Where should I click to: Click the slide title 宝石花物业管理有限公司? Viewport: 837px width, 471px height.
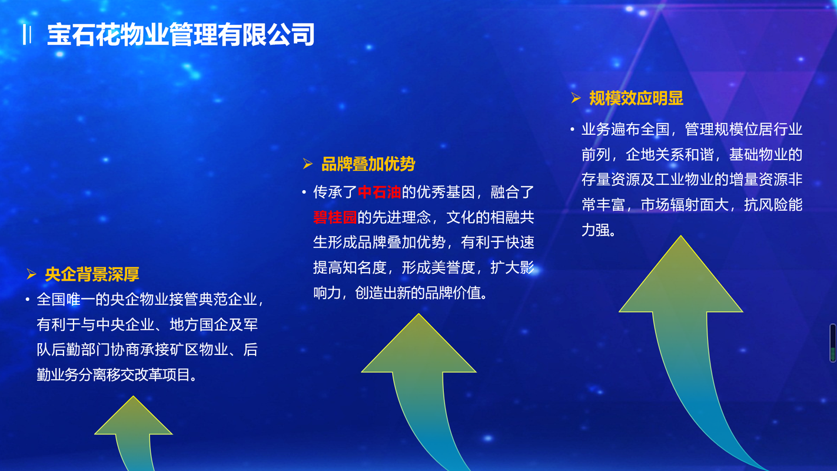coord(181,35)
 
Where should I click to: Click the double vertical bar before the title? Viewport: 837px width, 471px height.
coord(27,35)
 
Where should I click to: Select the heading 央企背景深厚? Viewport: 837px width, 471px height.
coord(92,274)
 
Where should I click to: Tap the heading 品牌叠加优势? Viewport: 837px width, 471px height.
coord(368,164)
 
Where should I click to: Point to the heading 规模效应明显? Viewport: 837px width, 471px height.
coord(636,98)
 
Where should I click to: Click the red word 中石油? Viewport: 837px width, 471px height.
coord(379,192)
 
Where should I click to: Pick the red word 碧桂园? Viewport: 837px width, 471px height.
coord(335,217)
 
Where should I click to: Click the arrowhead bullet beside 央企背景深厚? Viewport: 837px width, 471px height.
coord(31,274)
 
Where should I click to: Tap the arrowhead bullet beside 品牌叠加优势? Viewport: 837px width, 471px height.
coord(307,164)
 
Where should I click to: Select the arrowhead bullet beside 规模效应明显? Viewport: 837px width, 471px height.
coord(576,98)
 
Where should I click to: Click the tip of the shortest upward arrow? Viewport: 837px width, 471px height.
coord(134,396)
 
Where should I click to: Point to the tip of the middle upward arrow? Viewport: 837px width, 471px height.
coord(418,314)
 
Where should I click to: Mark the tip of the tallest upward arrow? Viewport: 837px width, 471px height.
coord(681,236)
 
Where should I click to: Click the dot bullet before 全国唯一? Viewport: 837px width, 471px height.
coord(28,300)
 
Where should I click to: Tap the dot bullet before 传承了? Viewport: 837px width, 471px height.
coord(304,193)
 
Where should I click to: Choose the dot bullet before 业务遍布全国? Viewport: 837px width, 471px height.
coord(573,130)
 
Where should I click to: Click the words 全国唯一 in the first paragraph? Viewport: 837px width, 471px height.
coord(66,300)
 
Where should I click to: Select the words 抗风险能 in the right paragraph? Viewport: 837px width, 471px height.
coord(773,205)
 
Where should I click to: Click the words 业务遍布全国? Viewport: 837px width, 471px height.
coord(626,130)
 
